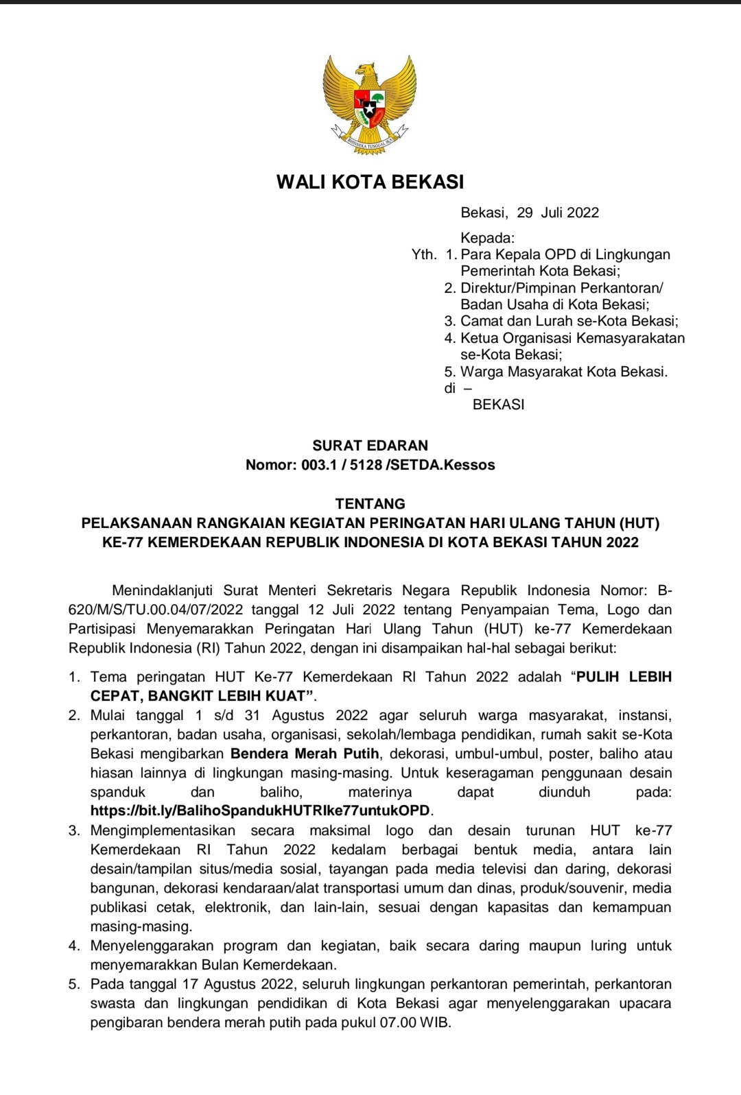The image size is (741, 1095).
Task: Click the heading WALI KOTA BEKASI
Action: (x=370, y=182)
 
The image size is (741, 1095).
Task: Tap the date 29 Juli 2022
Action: (x=558, y=213)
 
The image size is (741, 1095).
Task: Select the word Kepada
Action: (x=487, y=238)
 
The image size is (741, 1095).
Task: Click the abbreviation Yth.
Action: (x=423, y=254)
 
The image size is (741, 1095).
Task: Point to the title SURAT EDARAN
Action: (x=370, y=446)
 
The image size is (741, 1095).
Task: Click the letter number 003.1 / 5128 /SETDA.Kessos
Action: (x=398, y=465)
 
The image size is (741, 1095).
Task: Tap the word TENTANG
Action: (x=370, y=503)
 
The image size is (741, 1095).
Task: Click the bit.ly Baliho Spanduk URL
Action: (x=261, y=810)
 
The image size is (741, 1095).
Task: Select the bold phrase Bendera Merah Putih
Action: (x=305, y=754)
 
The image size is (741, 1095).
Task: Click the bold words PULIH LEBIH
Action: (x=624, y=677)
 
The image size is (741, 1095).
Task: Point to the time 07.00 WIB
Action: (x=414, y=1023)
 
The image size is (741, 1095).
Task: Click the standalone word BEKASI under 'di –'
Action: (x=499, y=405)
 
